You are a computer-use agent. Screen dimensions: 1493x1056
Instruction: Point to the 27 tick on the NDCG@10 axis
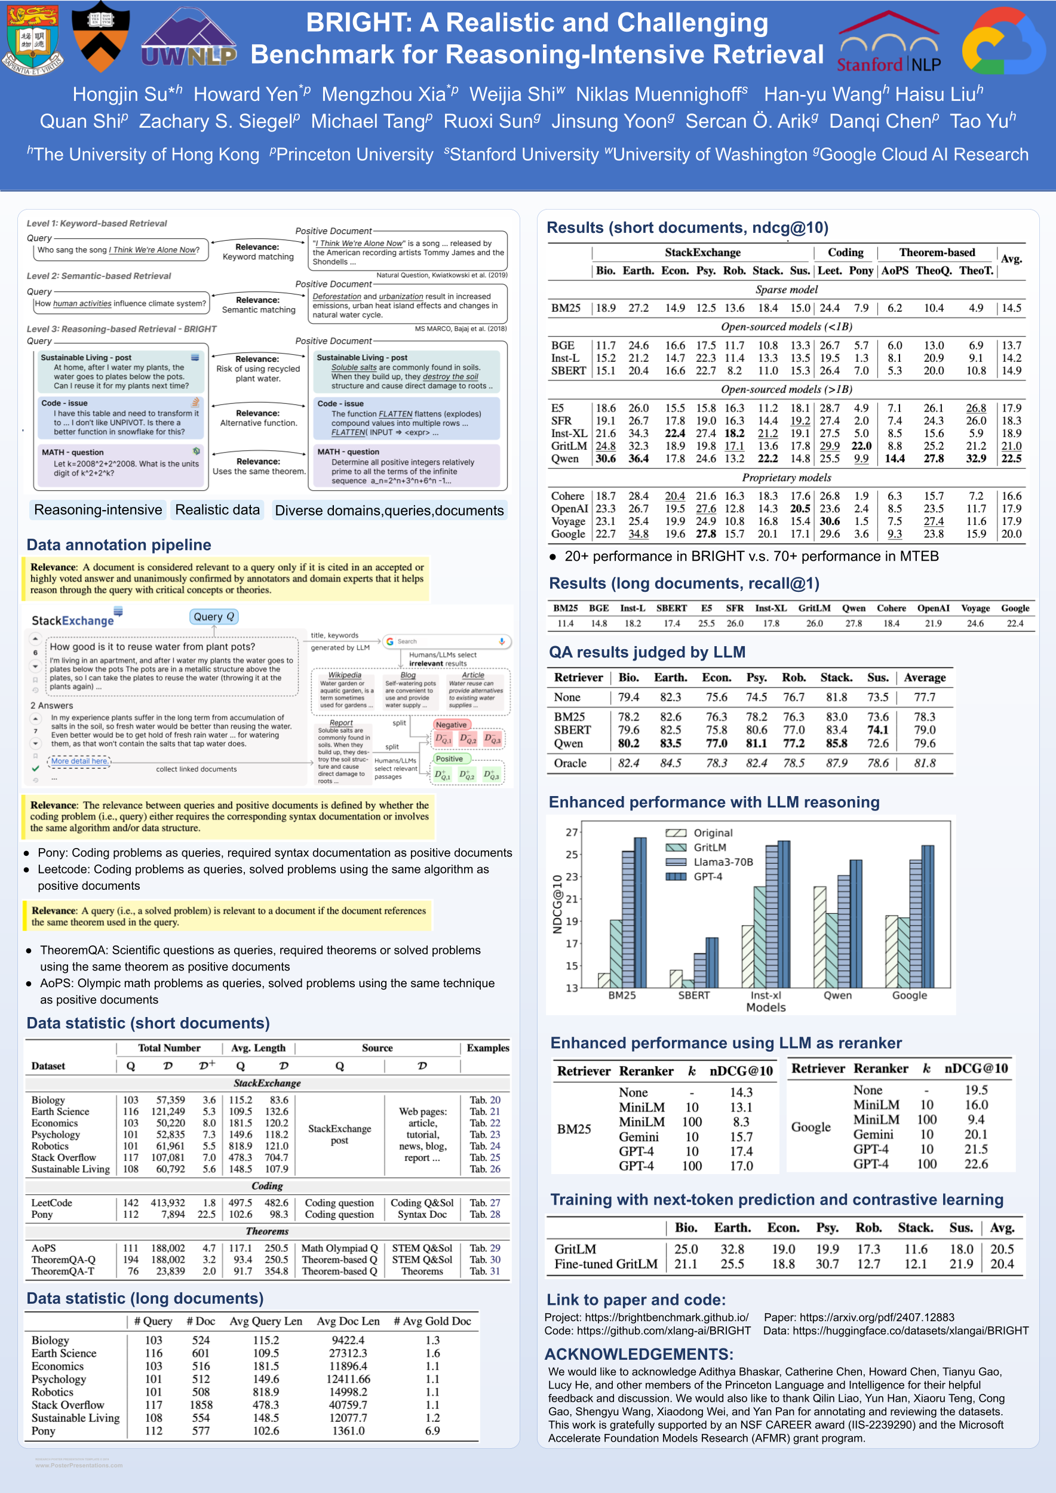coord(572,832)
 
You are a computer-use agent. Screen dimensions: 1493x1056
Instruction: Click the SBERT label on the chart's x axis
coord(694,995)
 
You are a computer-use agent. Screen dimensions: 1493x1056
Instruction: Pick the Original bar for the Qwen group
coord(820,936)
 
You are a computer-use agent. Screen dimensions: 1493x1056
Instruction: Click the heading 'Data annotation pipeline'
coord(119,544)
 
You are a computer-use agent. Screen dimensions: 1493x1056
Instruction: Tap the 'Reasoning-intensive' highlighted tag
coord(98,510)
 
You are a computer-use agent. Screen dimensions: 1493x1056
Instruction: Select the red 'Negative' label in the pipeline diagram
coord(452,724)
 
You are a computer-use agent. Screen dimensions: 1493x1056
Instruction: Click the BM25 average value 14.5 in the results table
coord(1011,308)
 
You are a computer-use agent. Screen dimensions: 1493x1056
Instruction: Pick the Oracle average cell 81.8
coord(925,763)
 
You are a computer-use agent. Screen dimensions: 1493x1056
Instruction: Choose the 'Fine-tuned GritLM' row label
coord(606,1264)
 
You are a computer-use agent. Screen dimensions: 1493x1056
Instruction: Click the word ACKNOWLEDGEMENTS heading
coord(638,1354)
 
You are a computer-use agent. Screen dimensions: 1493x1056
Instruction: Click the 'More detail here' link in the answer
coord(79,761)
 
